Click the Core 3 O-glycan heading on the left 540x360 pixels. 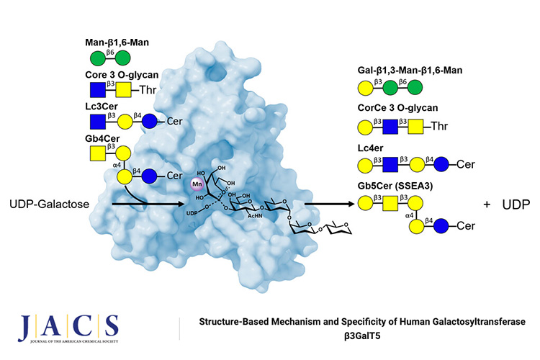coord(122,74)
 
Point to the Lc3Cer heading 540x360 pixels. coord(104,106)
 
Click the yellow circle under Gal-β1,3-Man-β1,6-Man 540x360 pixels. coord(364,89)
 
